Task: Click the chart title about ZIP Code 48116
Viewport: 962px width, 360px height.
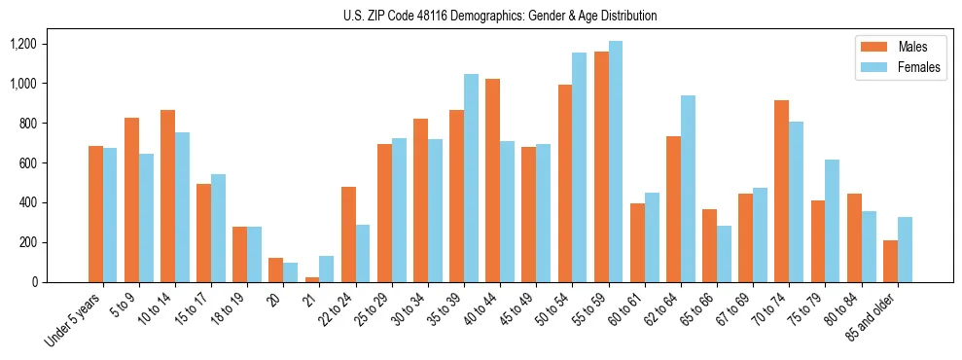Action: pos(500,16)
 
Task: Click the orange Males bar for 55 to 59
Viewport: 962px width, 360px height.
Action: pos(601,166)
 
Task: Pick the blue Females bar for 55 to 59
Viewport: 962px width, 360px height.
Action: pos(616,162)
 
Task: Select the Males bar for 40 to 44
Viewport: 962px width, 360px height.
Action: pos(493,180)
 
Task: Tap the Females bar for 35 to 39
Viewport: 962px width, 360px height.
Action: pos(472,178)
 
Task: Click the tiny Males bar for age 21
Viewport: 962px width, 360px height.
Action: pos(312,279)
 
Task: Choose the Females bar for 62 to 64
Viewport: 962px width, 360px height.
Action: pos(688,189)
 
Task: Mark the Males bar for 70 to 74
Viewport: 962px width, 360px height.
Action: pos(781,191)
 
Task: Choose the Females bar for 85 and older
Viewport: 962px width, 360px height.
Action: pos(904,249)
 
